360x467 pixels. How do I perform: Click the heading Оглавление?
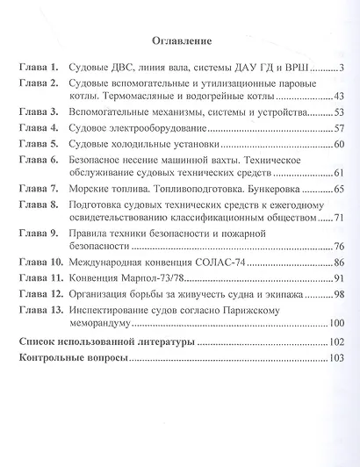[x=182, y=41]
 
